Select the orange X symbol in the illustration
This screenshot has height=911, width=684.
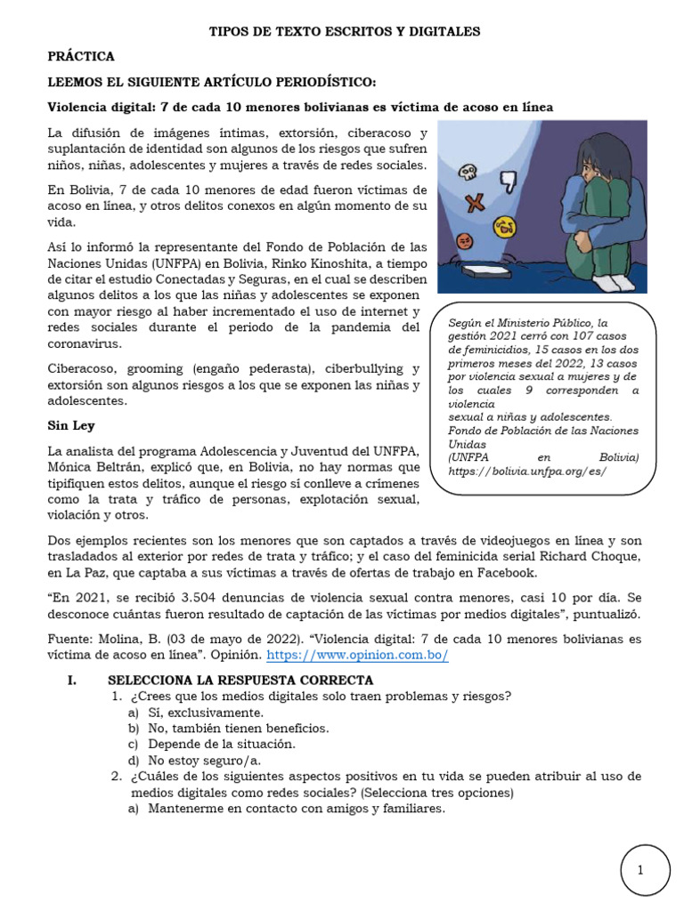(475, 200)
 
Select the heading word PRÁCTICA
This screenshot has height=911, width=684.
(81, 56)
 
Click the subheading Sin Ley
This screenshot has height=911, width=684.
(70, 425)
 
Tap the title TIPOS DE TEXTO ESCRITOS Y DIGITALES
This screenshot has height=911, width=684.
(344, 31)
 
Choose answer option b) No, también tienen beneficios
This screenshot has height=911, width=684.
(229, 728)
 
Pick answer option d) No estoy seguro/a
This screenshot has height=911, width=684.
(205, 760)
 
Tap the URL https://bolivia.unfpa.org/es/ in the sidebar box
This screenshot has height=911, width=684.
(527, 470)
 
